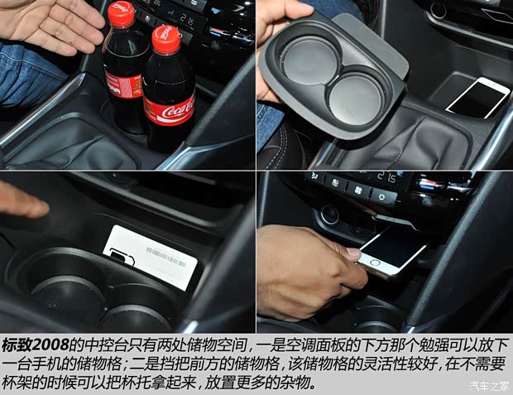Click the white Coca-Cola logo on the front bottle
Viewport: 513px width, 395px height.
click(178, 110)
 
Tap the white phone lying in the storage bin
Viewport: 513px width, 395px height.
click(478, 97)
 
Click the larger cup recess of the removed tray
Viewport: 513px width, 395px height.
click(309, 60)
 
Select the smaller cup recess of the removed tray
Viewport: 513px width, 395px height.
click(356, 99)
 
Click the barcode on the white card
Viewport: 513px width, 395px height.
click(165, 257)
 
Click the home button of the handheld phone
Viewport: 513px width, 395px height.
click(374, 263)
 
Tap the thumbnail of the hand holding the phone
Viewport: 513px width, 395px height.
click(353, 253)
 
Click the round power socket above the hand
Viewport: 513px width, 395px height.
click(329, 215)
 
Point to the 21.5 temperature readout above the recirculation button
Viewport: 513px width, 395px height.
click(386, 177)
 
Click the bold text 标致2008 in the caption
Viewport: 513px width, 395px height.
click(36, 344)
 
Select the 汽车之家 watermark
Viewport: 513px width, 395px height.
click(490, 386)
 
